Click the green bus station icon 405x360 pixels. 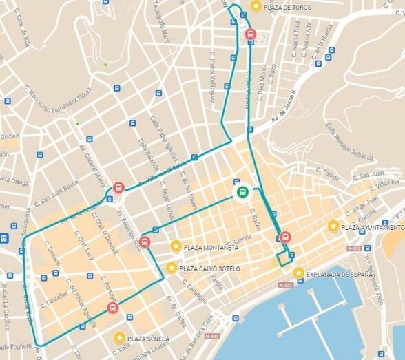242,192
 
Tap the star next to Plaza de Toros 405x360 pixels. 256,6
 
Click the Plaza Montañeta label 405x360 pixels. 211,246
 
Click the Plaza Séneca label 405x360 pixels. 148,339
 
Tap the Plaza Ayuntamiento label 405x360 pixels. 373,226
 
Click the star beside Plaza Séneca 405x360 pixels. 120,338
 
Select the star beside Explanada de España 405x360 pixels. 298,273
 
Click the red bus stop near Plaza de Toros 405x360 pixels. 249,34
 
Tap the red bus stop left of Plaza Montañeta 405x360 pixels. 144,242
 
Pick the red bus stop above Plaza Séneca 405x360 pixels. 112,308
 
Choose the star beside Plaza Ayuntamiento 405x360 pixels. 333,226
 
